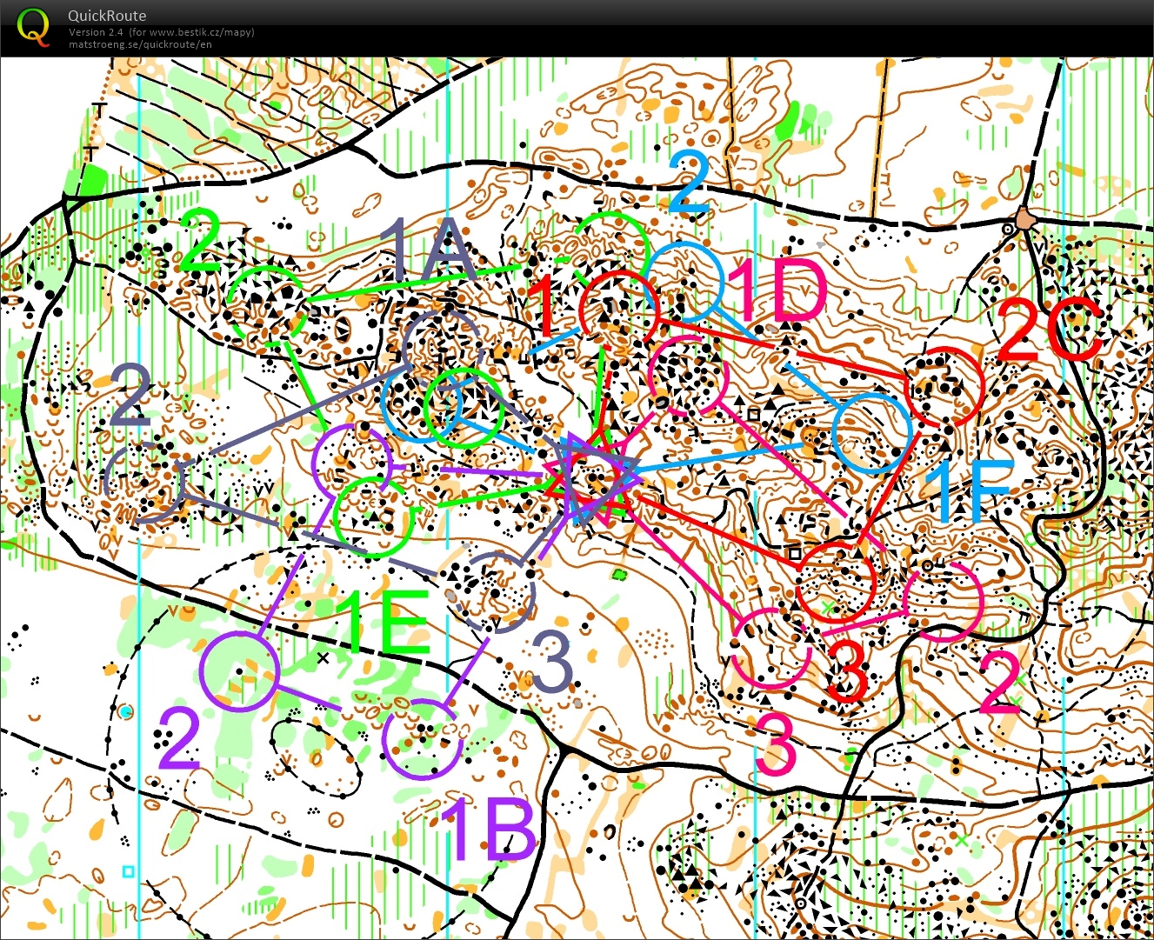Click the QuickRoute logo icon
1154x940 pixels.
click(33, 25)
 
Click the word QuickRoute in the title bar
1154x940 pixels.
click(107, 16)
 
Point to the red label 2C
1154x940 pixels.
click(1049, 331)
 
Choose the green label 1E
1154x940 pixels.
click(385, 623)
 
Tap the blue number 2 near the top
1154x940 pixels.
click(689, 183)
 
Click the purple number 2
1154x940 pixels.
click(179, 739)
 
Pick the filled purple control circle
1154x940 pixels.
click(239, 671)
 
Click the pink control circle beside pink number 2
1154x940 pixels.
click(943, 602)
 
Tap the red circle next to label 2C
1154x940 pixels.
click(944, 385)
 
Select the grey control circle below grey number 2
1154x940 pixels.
click(144, 481)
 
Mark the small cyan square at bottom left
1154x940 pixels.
click(129, 870)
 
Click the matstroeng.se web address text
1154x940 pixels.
click(140, 43)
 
